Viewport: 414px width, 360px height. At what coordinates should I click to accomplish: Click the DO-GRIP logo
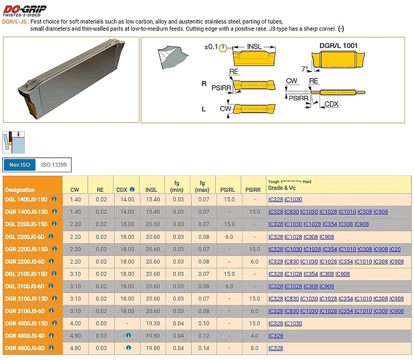point(24,11)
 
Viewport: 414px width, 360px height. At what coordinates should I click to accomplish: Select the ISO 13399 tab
point(54,165)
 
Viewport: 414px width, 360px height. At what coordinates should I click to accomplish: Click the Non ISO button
point(20,165)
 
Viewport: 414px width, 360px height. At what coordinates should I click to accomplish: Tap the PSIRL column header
point(228,190)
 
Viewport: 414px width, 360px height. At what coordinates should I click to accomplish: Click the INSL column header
point(151,190)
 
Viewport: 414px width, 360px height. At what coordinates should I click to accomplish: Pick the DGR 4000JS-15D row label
point(27,323)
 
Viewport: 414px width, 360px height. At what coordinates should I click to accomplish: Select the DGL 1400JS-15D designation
point(27,200)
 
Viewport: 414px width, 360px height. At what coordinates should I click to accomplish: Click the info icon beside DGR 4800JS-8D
point(51,348)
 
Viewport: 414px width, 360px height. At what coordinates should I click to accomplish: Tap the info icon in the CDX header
point(132,189)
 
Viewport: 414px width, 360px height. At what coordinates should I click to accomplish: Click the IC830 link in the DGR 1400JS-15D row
point(292,212)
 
